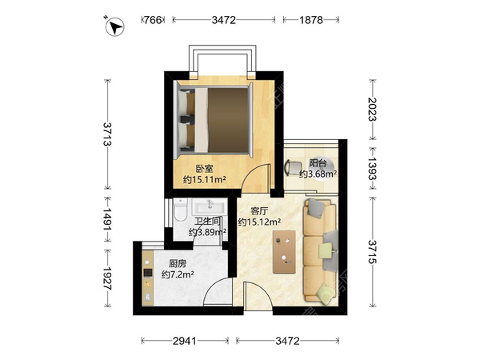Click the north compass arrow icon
[x=114, y=26]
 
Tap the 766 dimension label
[x=153, y=20]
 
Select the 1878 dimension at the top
[x=310, y=20]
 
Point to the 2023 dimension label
[x=373, y=110]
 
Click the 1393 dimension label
[x=373, y=168]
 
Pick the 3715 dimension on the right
[x=373, y=252]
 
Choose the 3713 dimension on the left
[x=107, y=134]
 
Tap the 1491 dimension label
[x=107, y=219]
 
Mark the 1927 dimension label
[x=107, y=278]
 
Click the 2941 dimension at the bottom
[x=185, y=341]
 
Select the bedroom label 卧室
[x=204, y=169]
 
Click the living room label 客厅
[x=259, y=211]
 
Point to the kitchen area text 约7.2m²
[x=178, y=274]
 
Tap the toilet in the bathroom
[x=180, y=210]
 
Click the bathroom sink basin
[x=210, y=206]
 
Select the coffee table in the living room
[x=284, y=252]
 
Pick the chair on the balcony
[x=293, y=167]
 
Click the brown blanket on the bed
[x=228, y=120]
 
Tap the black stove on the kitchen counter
[x=148, y=273]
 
